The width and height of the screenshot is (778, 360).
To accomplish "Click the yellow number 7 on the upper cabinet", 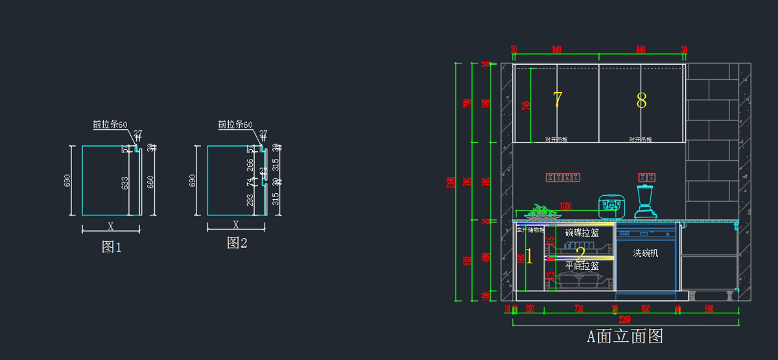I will [557, 100].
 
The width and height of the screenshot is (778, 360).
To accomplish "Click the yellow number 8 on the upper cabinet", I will [641, 101].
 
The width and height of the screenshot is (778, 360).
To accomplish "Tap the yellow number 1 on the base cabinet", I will [529, 256].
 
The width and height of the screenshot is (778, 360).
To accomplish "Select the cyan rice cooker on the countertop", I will [609, 206].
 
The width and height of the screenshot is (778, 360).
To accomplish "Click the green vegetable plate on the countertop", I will [539, 212].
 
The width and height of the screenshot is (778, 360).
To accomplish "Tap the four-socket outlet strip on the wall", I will [562, 177].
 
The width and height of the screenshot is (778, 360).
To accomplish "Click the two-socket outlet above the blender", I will [647, 177].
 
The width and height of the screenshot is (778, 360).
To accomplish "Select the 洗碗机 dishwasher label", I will [645, 253].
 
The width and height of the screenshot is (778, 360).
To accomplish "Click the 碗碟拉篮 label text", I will [582, 232].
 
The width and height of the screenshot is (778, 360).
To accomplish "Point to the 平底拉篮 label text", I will [582, 266].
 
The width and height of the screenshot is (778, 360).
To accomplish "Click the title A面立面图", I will [624, 336].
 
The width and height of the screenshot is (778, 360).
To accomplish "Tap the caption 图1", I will [112, 246].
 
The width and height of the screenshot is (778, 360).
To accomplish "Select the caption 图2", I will [237, 243].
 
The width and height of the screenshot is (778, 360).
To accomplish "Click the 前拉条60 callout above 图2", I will [235, 125].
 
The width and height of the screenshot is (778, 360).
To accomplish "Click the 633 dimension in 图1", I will [125, 186].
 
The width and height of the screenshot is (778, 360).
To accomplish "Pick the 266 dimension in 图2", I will [250, 166].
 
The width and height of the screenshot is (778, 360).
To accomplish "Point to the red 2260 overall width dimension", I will [624, 319].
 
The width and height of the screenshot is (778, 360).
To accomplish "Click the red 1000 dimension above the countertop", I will [565, 206].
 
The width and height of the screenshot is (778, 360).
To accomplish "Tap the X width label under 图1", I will [111, 227].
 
